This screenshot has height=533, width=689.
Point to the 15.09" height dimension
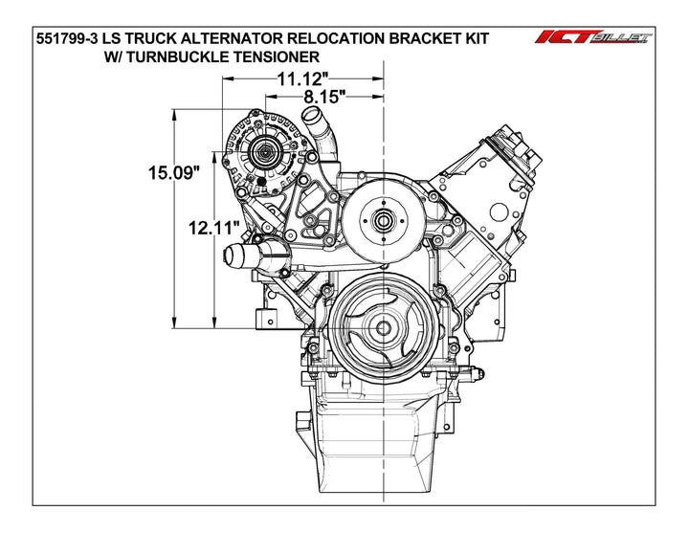173,173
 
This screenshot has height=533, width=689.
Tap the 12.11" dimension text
212,229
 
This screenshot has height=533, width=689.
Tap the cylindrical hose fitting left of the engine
246,256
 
